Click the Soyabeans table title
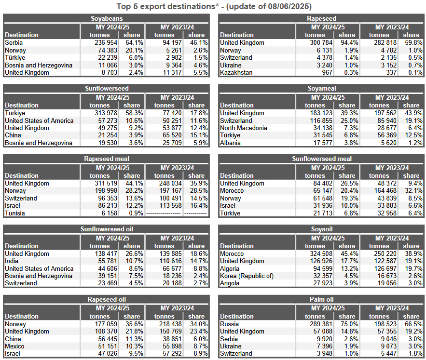(x=107, y=18)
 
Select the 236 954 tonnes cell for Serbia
(x=106, y=42)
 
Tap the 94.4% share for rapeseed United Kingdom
(x=349, y=42)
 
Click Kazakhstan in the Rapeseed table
(x=236, y=72)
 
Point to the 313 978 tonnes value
(x=106, y=113)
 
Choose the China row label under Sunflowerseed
(x=13, y=135)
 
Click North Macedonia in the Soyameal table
(x=244, y=128)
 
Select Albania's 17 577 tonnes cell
(x=323, y=143)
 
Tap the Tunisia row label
(x=14, y=213)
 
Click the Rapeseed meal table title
(x=107, y=159)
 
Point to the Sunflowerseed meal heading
(x=322, y=159)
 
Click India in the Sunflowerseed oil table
(x=12, y=261)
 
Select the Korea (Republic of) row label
(x=247, y=276)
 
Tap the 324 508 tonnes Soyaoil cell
(x=321, y=253)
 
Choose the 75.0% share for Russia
(x=349, y=324)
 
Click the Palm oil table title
(x=322, y=299)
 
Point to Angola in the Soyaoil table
(x=230, y=283)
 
